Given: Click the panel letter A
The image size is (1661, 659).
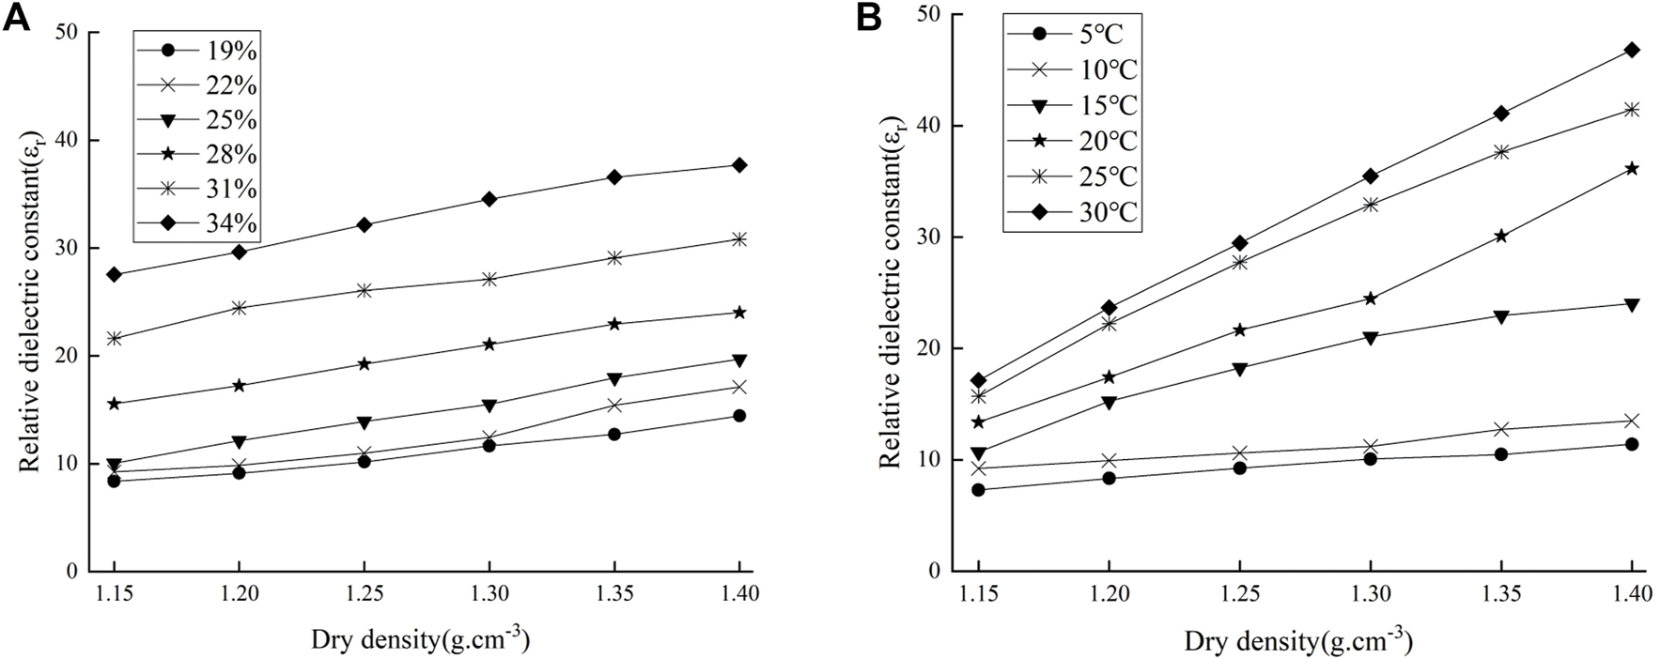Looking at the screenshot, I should [x=16, y=18].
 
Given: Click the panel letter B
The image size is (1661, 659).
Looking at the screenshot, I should [x=868, y=18].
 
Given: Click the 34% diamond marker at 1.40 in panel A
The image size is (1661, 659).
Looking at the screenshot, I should [x=739, y=165].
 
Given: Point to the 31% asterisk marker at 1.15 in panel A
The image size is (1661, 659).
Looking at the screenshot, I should [x=115, y=338].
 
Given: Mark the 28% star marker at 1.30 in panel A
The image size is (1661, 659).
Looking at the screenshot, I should [x=489, y=345].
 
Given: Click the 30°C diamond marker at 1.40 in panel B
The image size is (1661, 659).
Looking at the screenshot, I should [x=1632, y=50].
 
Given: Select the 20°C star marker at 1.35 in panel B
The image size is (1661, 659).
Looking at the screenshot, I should [x=1500, y=236].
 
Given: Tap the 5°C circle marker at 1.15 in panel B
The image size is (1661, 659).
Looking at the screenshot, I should [x=979, y=490].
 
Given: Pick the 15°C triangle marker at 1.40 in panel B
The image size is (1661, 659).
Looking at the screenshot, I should [x=1632, y=304].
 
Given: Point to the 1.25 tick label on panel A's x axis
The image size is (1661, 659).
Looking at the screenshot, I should [x=364, y=594].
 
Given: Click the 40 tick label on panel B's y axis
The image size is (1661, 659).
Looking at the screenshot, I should [x=931, y=126].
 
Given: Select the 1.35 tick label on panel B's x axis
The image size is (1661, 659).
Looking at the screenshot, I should [x=1500, y=594].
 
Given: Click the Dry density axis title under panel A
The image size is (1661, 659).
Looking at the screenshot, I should [x=420, y=639].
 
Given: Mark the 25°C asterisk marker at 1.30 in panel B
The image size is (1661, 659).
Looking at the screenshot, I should [x=1370, y=205].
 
